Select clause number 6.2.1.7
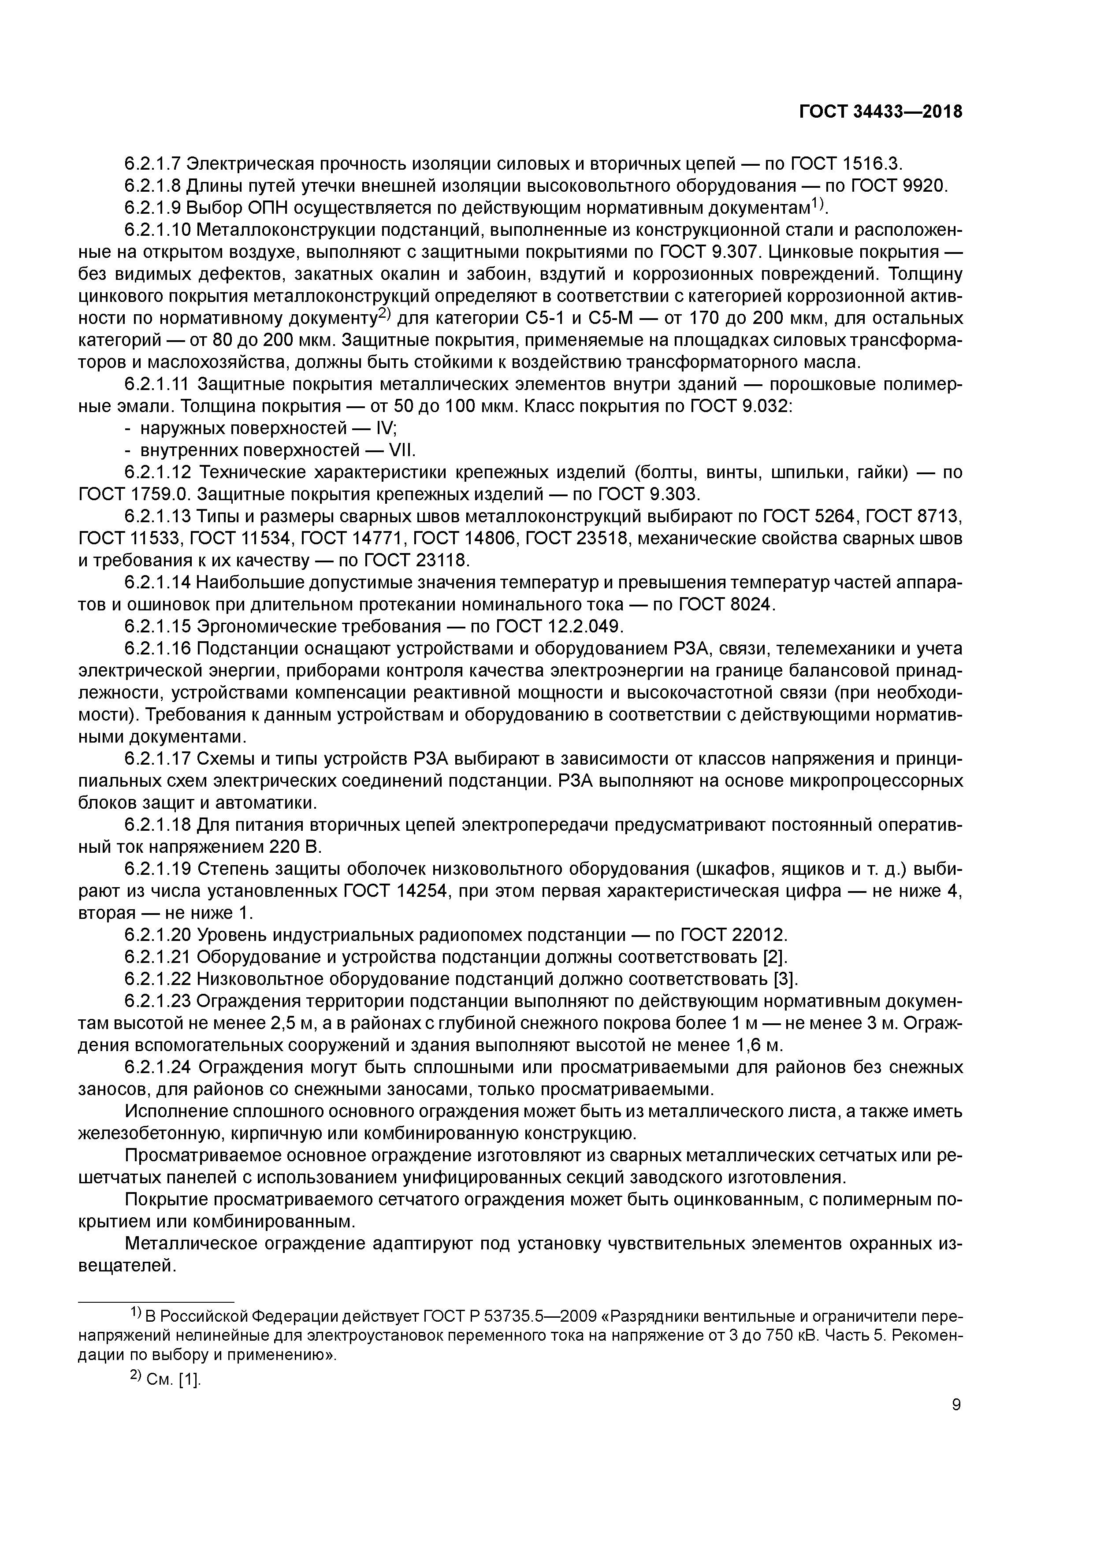[x=153, y=164]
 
